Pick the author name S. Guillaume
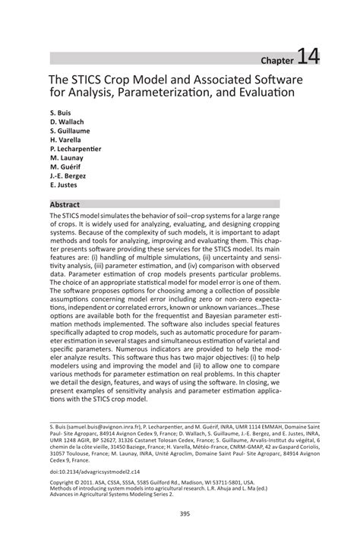(x=71, y=134)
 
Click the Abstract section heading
(x=65, y=205)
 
